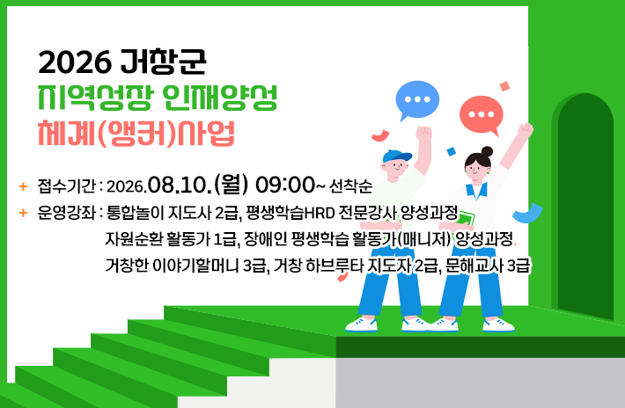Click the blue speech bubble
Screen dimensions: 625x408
tap(417, 98)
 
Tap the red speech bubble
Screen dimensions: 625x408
tap(482, 113)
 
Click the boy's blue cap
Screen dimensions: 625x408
tap(396, 156)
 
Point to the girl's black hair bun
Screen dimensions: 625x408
tap(487, 151)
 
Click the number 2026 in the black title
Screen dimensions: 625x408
tap(75, 62)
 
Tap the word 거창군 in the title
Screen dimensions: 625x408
tap(162, 62)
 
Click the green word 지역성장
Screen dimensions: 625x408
tap(94, 97)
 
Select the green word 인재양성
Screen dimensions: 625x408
tap(219, 97)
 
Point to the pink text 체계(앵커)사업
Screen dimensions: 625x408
tap(136, 133)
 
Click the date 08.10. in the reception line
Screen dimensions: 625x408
tap(180, 185)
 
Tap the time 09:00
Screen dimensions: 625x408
tap(285, 185)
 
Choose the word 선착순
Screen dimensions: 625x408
tap(350, 186)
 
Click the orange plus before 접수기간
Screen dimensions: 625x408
tap(23, 186)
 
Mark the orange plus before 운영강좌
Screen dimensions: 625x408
tap(23, 213)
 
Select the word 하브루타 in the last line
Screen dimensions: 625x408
tap(335, 266)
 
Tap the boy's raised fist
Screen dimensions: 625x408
tap(423, 133)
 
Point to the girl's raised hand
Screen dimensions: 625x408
tap(526, 130)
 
